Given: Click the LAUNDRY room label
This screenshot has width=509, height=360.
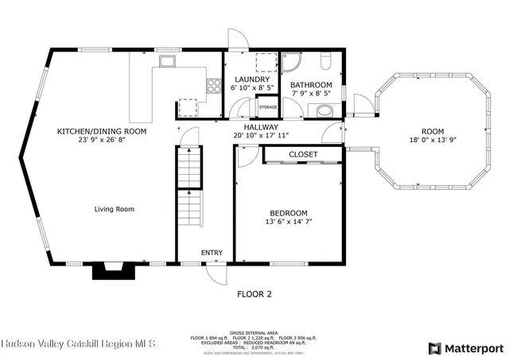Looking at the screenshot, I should pyautogui.click(x=251, y=79).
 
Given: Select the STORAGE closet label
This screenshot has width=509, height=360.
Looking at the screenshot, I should pyautogui.click(x=268, y=106).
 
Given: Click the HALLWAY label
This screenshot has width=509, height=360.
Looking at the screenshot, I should pyautogui.click(x=261, y=126).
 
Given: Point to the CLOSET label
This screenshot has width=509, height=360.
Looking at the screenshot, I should pyautogui.click(x=303, y=154).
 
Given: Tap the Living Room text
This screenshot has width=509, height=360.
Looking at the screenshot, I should pyautogui.click(x=114, y=210).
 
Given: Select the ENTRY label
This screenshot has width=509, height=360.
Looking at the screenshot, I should pyautogui.click(x=212, y=253).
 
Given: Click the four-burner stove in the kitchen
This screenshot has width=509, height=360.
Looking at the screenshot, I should pyautogui.click(x=213, y=86).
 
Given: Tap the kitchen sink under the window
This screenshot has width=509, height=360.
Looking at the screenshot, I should pyautogui.click(x=167, y=60).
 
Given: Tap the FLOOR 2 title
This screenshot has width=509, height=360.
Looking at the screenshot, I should pyautogui.click(x=254, y=294).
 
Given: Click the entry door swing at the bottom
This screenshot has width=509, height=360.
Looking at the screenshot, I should pyautogui.click(x=214, y=273).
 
